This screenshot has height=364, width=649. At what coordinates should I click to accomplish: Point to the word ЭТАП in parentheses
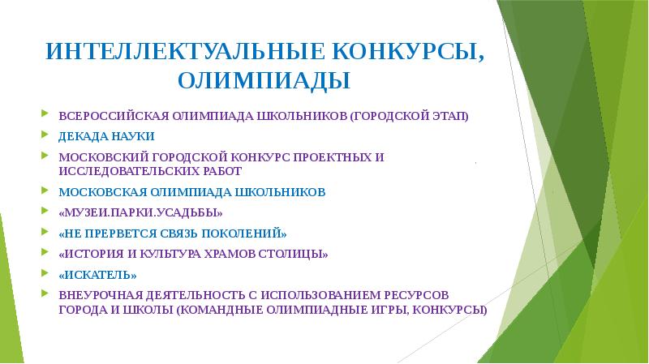[x=449, y=115]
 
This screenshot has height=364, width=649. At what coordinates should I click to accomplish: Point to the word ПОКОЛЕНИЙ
[x=243, y=233]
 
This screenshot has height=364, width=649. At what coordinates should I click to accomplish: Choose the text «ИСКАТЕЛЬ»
[x=97, y=275]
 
